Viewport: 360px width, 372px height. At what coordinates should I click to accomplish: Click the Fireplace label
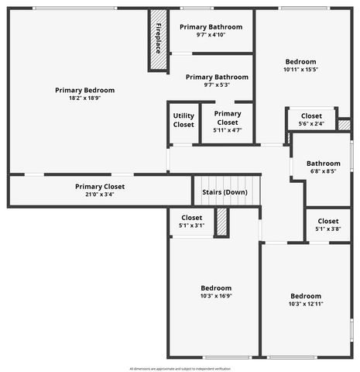158,39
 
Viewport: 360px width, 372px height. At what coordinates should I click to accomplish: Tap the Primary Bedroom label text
84,90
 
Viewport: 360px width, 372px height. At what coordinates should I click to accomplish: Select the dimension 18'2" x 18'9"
84,98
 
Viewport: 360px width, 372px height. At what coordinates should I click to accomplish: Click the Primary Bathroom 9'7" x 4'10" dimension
211,35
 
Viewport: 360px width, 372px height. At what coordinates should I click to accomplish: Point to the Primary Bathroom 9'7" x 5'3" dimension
217,85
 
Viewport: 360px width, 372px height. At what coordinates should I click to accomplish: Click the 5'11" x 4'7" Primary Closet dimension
228,130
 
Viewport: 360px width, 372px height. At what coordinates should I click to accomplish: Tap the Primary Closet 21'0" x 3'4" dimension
100,195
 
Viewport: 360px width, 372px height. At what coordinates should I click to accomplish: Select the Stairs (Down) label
225,192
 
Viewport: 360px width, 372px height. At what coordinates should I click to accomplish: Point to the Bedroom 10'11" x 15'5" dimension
300,70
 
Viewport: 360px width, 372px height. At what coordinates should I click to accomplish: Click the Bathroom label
323,164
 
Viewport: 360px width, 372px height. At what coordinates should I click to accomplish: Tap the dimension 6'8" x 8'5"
323,172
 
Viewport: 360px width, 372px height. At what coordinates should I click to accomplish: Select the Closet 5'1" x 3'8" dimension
327,229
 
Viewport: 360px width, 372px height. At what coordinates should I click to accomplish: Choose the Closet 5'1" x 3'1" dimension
191,226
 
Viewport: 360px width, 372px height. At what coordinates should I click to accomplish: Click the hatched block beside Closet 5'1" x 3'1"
221,222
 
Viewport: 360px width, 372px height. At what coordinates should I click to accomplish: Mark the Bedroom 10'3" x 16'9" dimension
216,295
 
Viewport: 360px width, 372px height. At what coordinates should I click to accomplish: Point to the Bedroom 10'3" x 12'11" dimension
306,305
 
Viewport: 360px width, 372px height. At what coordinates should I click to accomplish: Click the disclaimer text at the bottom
180,368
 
